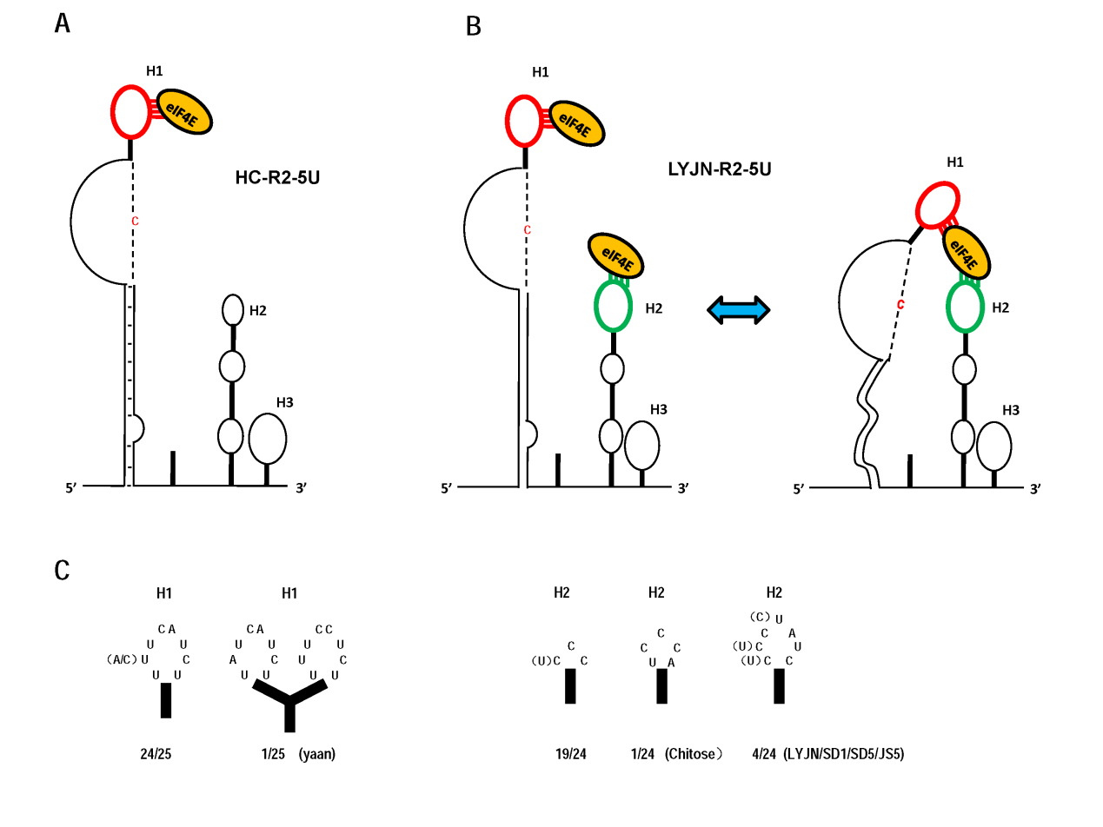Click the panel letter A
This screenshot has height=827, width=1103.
coord(63,23)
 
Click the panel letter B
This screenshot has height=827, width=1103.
coord(474,27)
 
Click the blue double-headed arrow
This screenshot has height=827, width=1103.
coord(738,309)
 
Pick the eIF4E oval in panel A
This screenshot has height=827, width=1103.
coord(183,112)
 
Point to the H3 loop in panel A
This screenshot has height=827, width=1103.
coord(267,439)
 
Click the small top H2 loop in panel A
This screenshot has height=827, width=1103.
coord(232,308)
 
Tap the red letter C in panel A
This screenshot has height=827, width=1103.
coord(135,222)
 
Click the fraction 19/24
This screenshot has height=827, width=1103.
coord(571,754)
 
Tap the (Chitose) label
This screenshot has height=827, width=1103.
coord(694,754)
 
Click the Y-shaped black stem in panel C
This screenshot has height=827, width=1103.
coord(290,704)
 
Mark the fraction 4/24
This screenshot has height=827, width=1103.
coord(765,754)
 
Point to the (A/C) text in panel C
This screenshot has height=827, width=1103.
coord(122,659)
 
